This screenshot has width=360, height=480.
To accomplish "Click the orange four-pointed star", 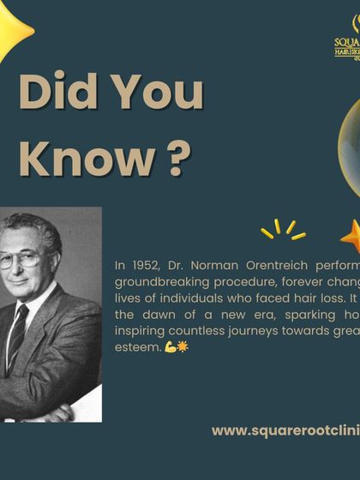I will (351, 236).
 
